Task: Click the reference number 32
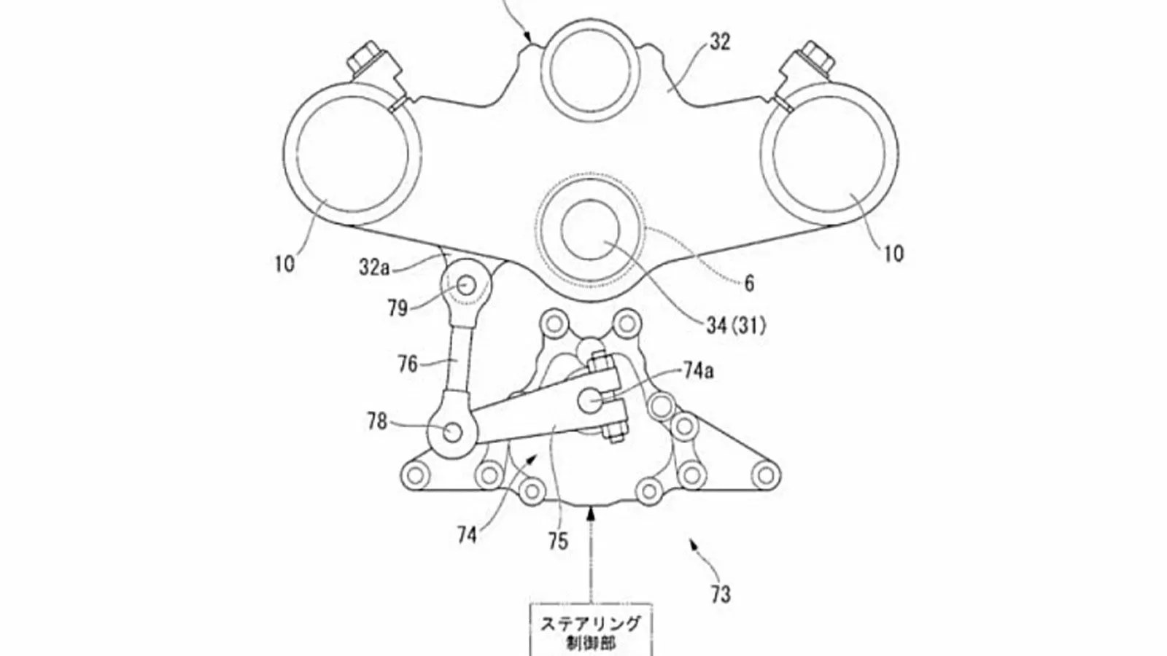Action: [x=719, y=43]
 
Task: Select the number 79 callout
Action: [x=398, y=309]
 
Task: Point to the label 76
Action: [x=408, y=363]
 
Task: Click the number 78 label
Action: [x=377, y=421]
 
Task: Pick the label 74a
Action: [x=698, y=371]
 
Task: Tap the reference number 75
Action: [x=558, y=541]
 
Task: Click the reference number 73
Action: [x=719, y=595]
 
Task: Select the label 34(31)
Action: [x=737, y=327]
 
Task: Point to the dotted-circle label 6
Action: [x=748, y=284]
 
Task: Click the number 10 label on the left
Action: [x=284, y=263]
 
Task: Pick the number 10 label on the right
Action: [x=893, y=253]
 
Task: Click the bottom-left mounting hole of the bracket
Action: [x=416, y=475]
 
